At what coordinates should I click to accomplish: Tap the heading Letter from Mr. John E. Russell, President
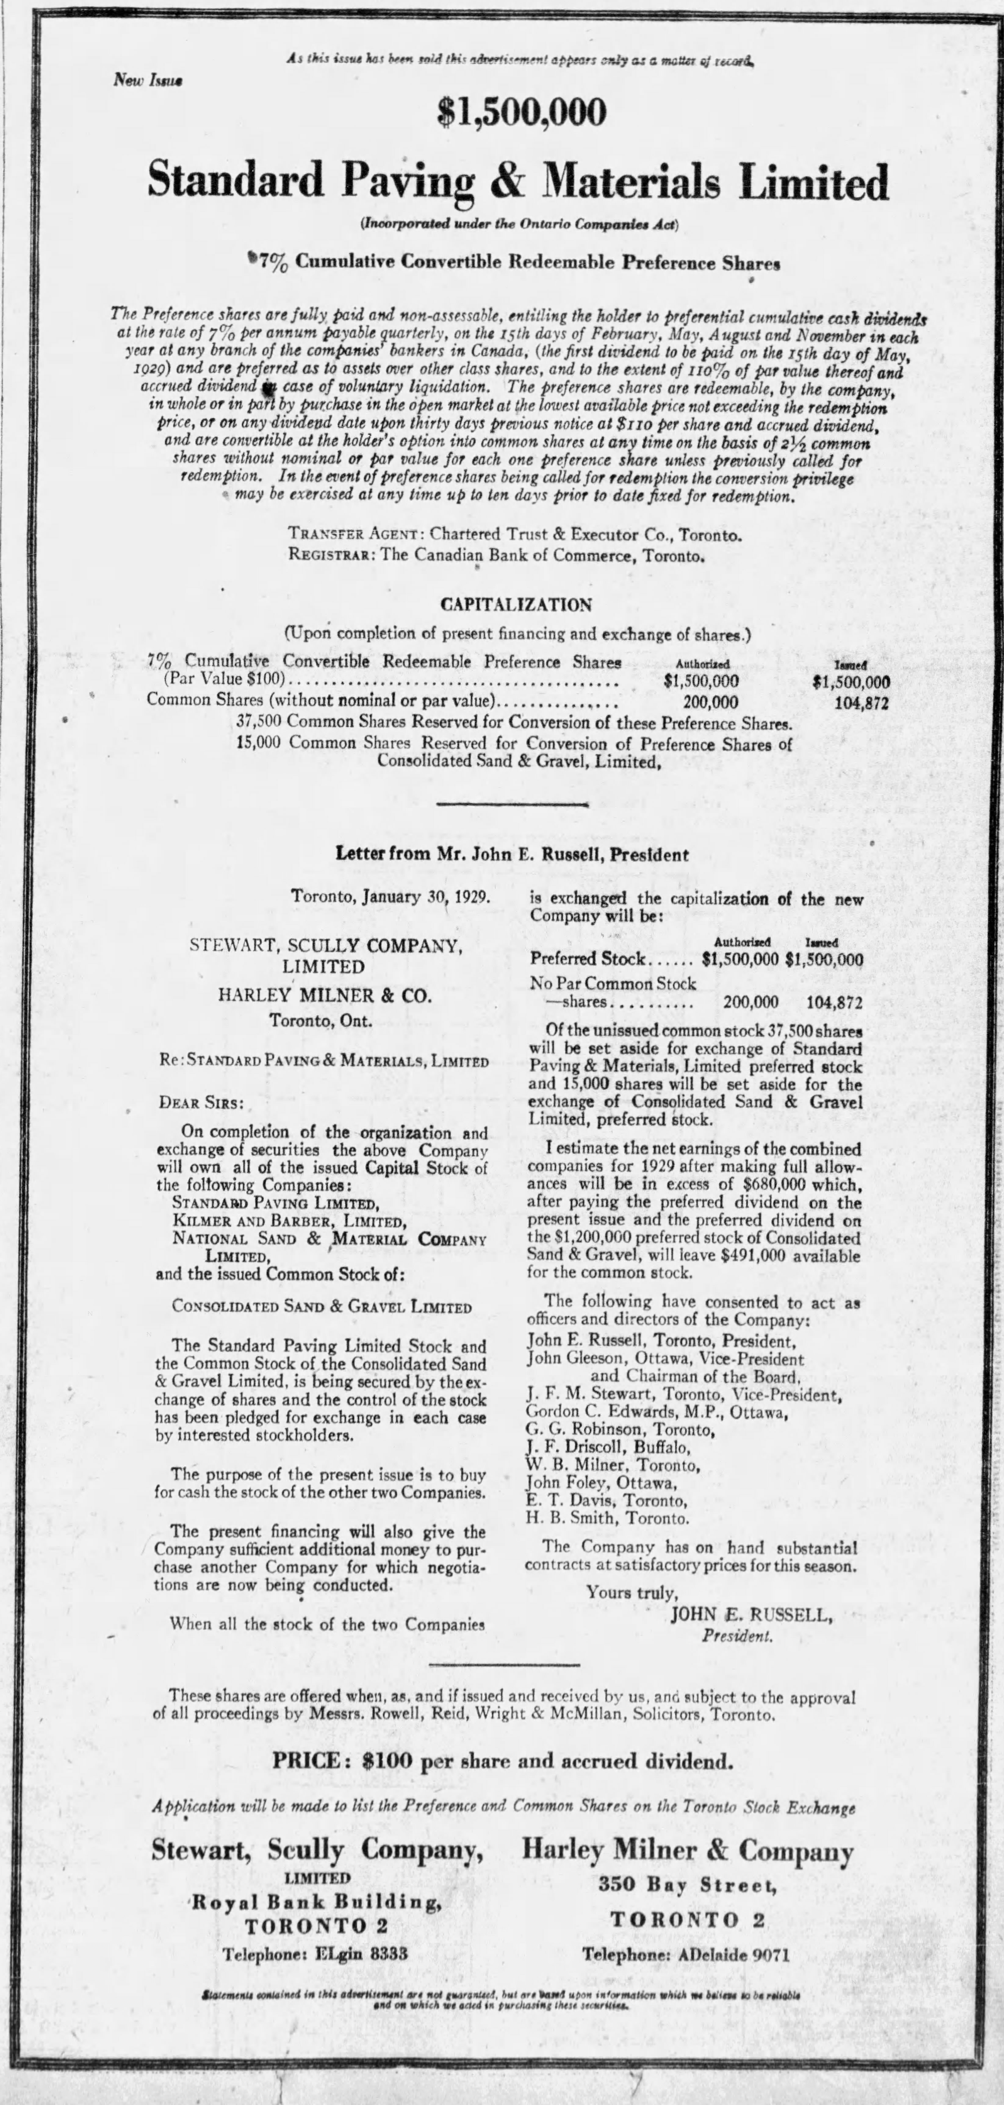[x=512, y=855]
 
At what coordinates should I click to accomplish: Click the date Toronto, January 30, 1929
[x=390, y=896]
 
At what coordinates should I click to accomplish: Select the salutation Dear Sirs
[x=201, y=1102]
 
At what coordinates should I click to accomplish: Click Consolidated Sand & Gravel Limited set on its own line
[x=321, y=1307]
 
